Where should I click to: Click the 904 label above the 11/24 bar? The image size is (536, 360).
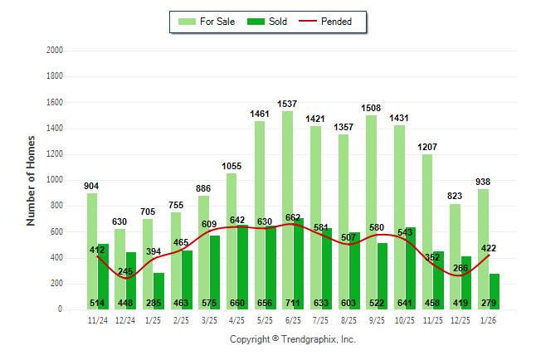pyautogui.click(x=92, y=186)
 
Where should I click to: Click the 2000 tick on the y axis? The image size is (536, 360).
pyautogui.click(x=55, y=51)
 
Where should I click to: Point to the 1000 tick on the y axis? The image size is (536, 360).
pyautogui.click(x=55, y=180)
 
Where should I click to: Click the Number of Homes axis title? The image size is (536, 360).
pyautogui.click(x=31, y=180)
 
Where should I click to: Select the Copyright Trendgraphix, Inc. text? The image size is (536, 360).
pyautogui.click(x=292, y=339)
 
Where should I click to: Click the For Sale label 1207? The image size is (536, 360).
pyautogui.click(x=427, y=147)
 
